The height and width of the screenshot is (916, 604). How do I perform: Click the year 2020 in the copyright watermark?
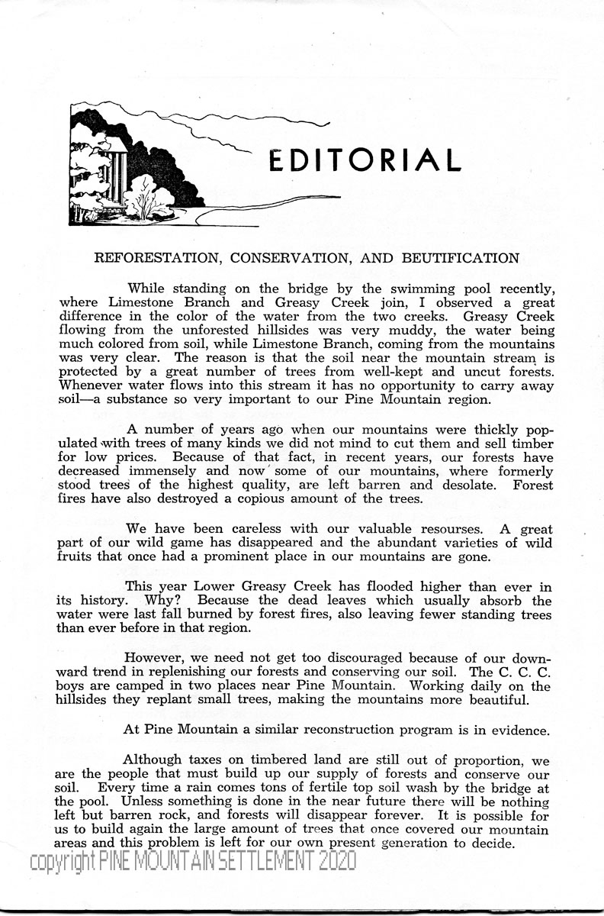click(x=332, y=862)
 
